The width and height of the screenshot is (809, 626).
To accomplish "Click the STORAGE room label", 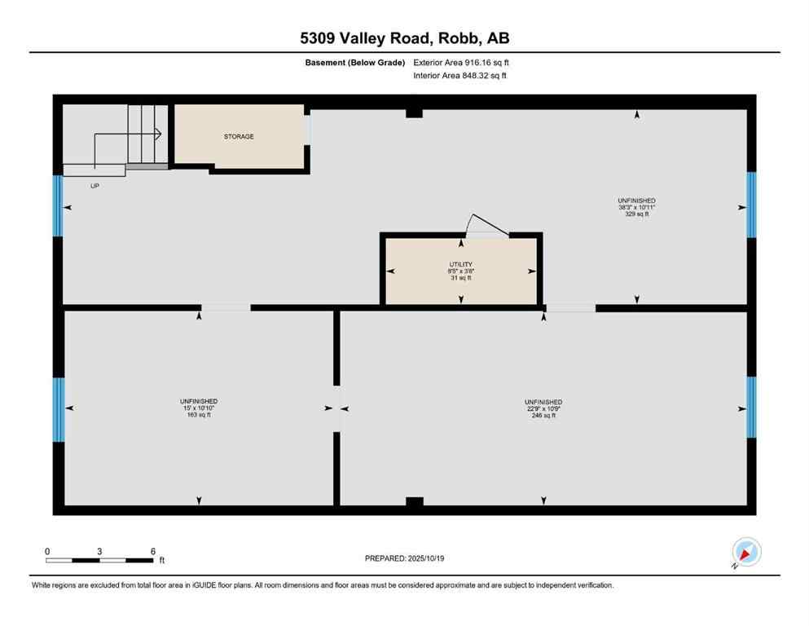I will [239, 137].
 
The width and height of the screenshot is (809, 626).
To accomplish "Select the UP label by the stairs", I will [95, 186].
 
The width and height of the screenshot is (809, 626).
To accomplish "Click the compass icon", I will [746, 552].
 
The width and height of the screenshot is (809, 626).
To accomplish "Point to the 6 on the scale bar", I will [153, 552].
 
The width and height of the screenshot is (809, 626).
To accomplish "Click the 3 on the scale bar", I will [99, 552].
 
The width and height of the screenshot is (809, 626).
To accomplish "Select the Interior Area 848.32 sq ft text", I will [459, 76].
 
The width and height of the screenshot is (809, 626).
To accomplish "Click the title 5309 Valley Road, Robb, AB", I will [404, 37].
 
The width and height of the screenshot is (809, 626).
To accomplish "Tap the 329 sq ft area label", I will [636, 214].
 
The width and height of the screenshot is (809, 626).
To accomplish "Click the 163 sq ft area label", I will [198, 415].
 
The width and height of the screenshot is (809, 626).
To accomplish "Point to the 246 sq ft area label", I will [543, 416].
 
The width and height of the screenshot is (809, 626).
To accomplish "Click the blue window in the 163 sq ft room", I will [59, 409].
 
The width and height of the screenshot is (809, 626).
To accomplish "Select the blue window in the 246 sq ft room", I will [751, 408].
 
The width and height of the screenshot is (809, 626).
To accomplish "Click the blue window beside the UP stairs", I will [58, 205].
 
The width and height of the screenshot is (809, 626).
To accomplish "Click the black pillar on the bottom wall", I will [414, 501].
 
